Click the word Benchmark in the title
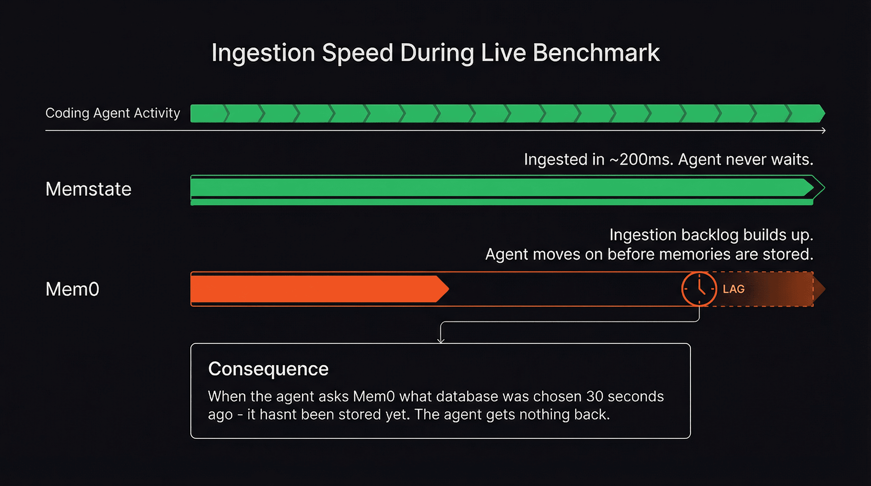[x=596, y=53]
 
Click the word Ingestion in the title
[x=263, y=53]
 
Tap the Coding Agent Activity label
[x=113, y=113]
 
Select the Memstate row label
[x=88, y=189]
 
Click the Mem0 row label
[x=72, y=289]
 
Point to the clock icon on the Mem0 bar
[x=699, y=289]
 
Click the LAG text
[x=734, y=289]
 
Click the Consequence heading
[x=268, y=369]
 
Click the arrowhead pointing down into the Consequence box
[x=441, y=340]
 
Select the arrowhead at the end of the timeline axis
[x=824, y=130]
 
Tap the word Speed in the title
[x=357, y=53]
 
